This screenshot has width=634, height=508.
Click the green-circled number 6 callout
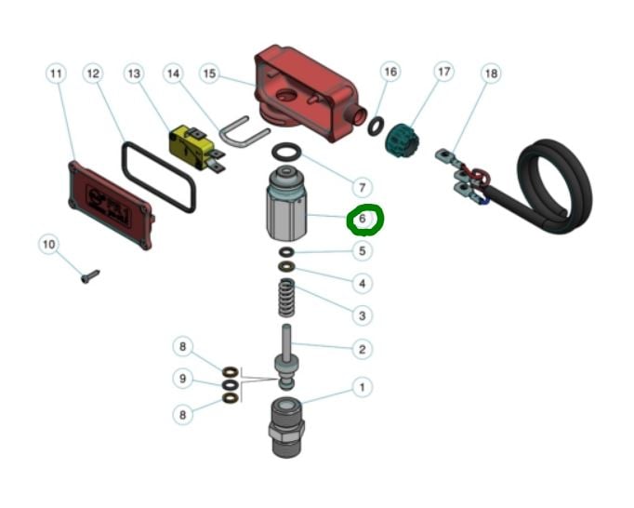(363, 219)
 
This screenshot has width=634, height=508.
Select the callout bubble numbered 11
(56, 74)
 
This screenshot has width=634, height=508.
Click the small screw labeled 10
(90, 276)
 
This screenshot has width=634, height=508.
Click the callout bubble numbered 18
(491, 74)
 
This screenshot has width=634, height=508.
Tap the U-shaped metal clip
(244, 132)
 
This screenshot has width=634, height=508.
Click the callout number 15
(209, 74)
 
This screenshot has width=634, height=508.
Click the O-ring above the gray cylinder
(286, 153)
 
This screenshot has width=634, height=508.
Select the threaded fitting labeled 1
(286, 427)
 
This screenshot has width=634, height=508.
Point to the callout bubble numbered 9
(183, 379)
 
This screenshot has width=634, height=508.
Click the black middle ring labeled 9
(231, 384)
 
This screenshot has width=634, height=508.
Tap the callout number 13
(134, 74)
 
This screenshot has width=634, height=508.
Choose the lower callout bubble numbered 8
(183, 415)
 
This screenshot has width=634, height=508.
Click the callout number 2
(363, 349)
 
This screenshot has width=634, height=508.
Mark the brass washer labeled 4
(286, 267)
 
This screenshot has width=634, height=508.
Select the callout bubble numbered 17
(444, 72)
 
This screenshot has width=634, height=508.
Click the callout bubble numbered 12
(93, 74)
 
